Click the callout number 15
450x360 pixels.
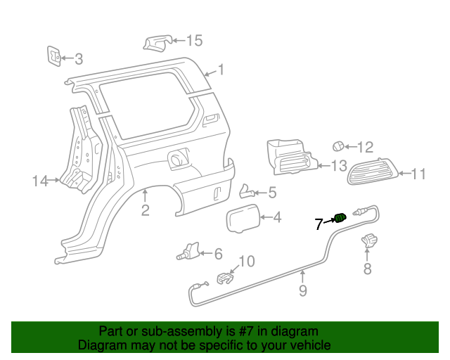[193, 41]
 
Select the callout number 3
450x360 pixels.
[79, 59]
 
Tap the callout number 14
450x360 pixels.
[39, 181]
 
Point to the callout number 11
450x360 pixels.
[418, 174]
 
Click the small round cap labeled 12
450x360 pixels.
[339, 146]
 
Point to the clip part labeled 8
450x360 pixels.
[368, 242]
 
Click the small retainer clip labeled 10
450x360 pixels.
[224, 278]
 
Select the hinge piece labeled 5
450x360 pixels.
[247, 191]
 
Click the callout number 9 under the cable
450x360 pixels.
[303, 290]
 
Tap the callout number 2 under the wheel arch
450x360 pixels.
[146, 210]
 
